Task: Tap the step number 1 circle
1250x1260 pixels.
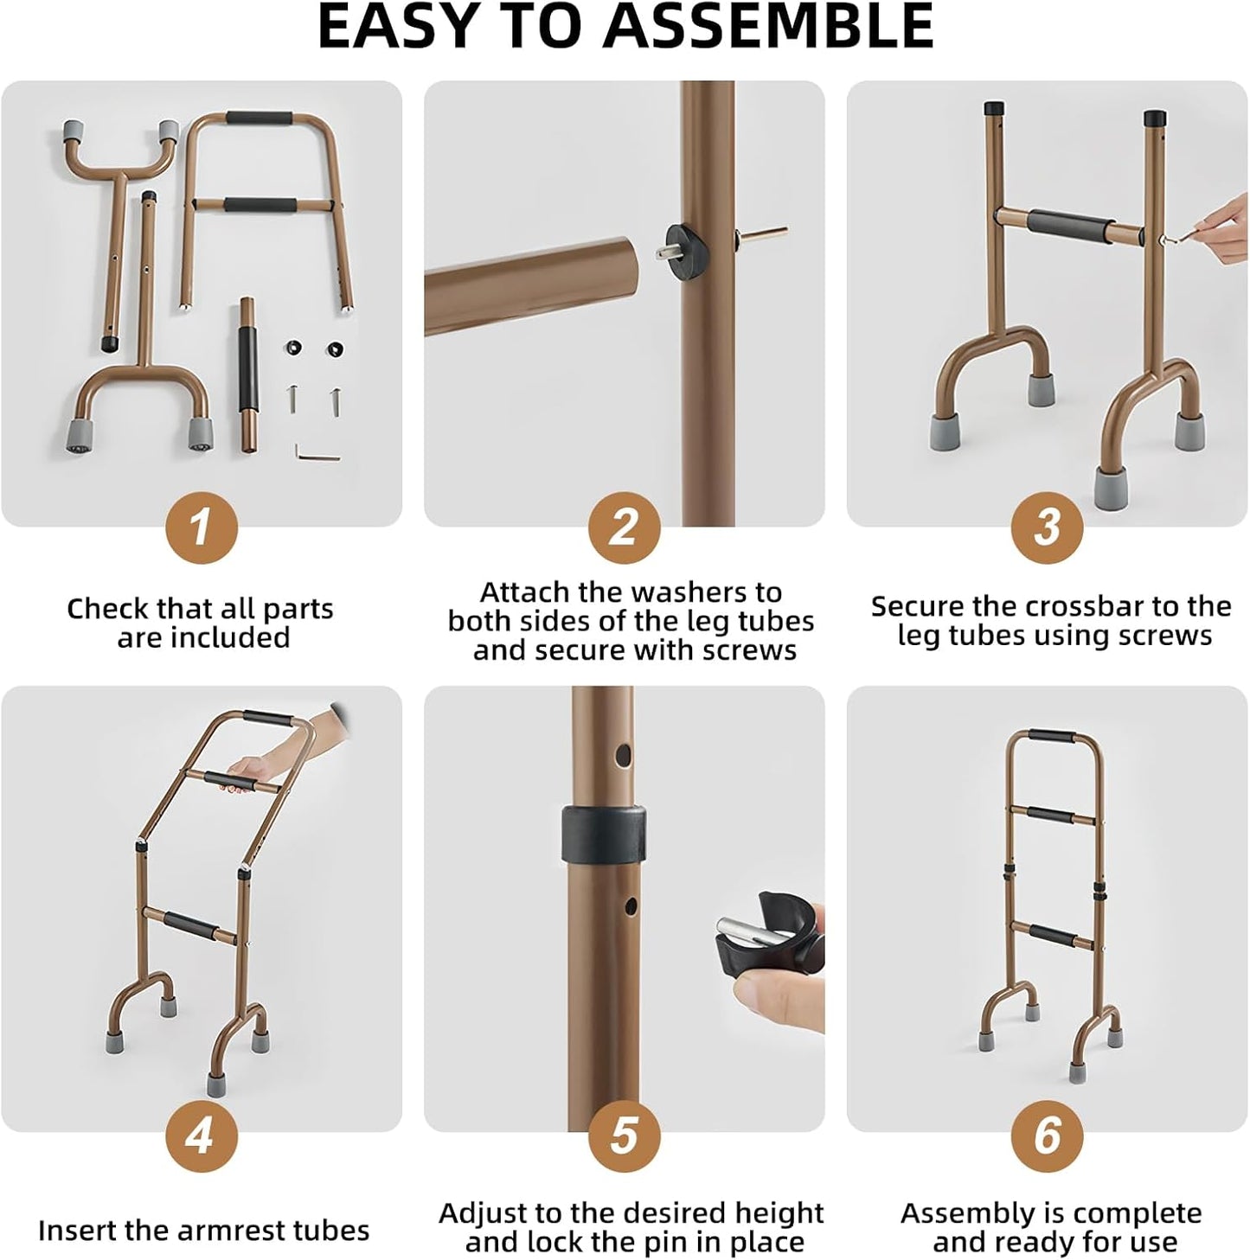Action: pyautogui.click(x=201, y=528)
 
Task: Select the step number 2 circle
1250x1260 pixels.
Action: pyautogui.click(x=624, y=528)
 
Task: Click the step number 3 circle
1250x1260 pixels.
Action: pyautogui.click(x=1047, y=528)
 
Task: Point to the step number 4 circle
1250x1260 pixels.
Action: pyautogui.click(x=201, y=1135)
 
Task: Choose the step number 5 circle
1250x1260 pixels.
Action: pyautogui.click(x=624, y=1135)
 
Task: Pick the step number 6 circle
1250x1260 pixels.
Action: pyautogui.click(x=1047, y=1135)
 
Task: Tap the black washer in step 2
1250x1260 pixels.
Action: pyautogui.click(x=683, y=242)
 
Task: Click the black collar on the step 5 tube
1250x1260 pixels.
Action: pyautogui.click(x=603, y=834)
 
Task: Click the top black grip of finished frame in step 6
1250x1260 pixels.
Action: pyautogui.click(x=1053, y=737)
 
